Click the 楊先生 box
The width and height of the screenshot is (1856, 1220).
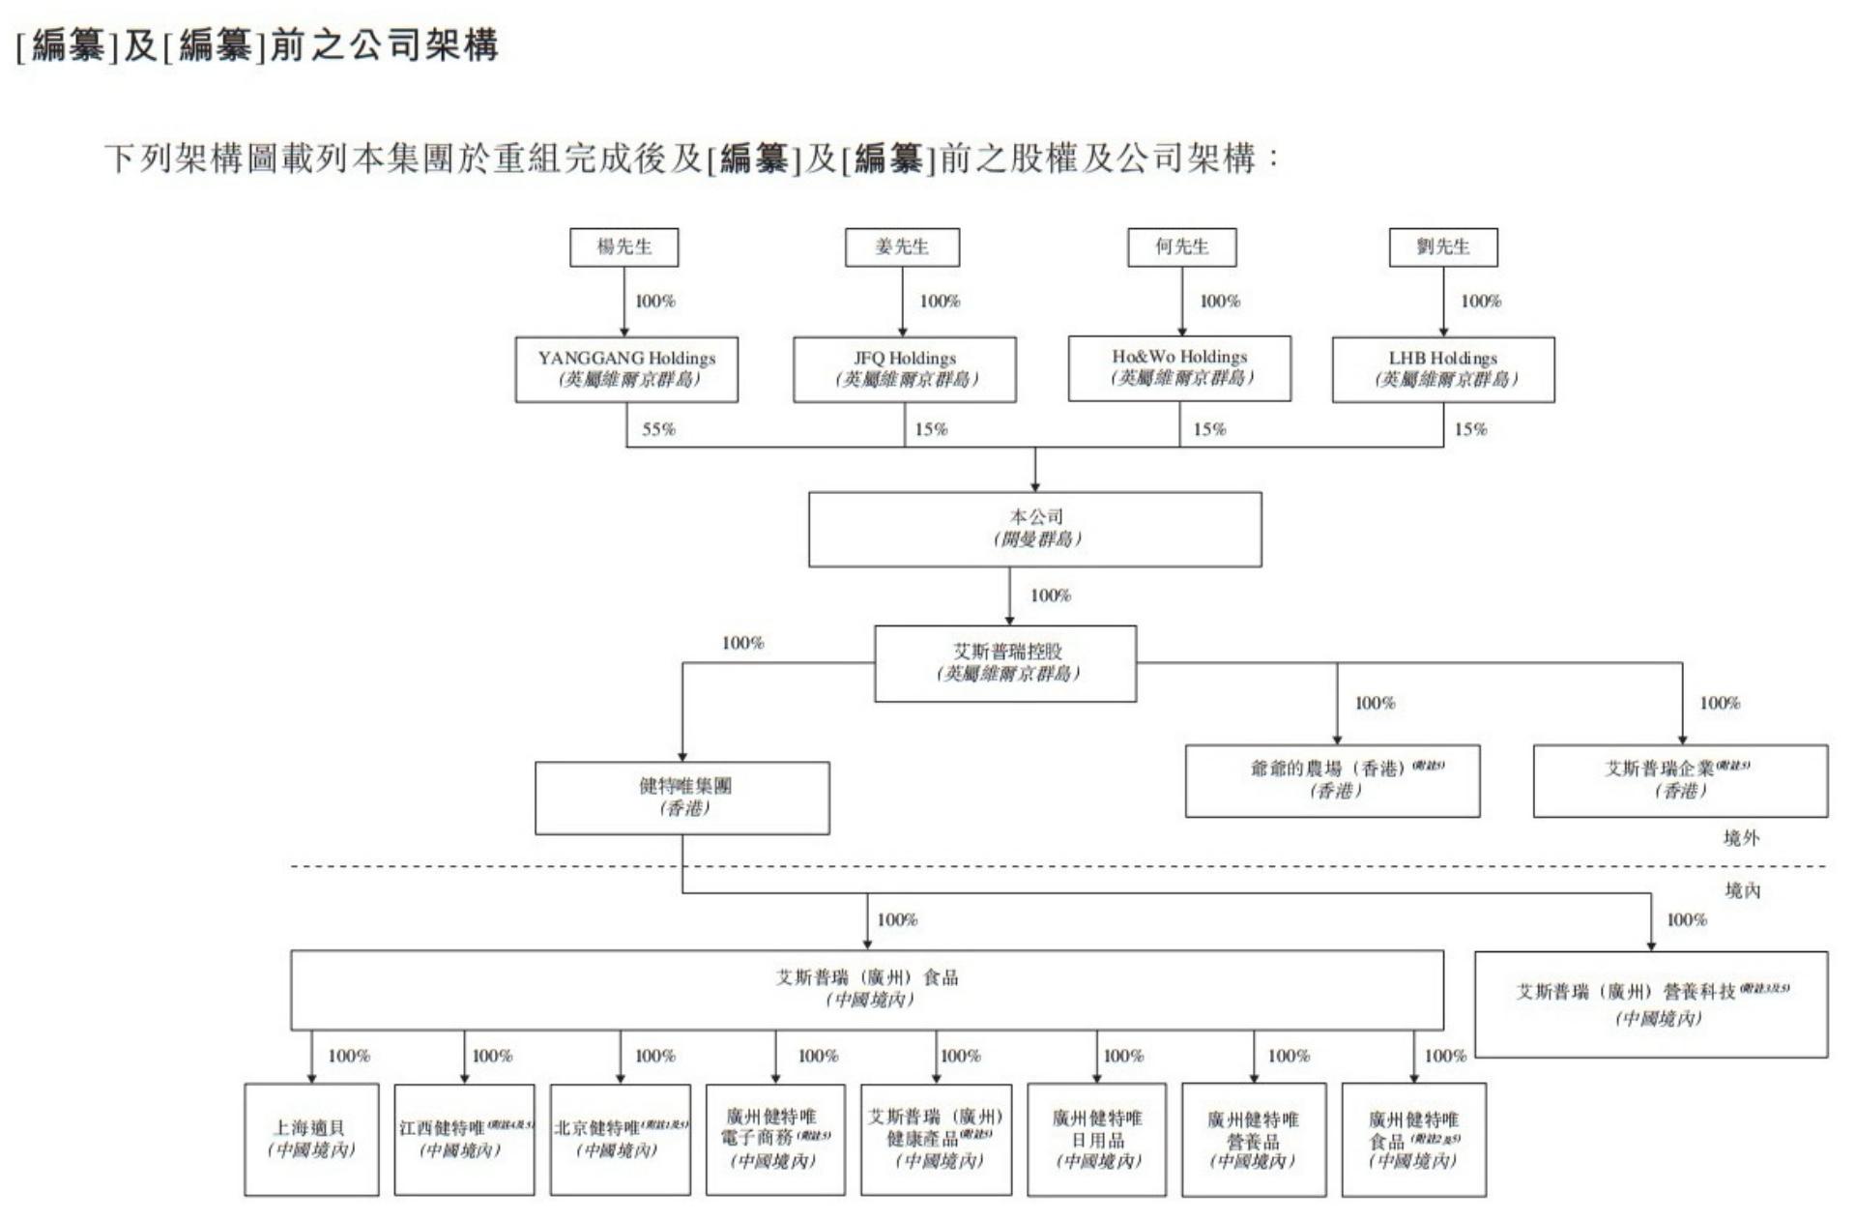tap(623, 247)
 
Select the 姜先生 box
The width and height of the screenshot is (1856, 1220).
tap(902, 247)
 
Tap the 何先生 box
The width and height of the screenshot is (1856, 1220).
tap(1181, 247)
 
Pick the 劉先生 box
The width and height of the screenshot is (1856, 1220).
tap(1443, 247)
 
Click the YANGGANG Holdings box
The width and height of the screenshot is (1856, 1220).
tap(626, 369)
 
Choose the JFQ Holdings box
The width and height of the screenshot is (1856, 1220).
tap(905, 369)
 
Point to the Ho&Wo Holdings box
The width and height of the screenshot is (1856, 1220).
tap(1179, 368)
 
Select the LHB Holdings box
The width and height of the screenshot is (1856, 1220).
tap(1443, 369)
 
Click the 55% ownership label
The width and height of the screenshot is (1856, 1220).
tap(658, 429)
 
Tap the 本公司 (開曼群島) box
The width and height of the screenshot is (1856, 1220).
tap(1034, 529)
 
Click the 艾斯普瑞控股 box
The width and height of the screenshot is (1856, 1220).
tap(1005, 663)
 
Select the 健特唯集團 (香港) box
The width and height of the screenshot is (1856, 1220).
tap(682, 798)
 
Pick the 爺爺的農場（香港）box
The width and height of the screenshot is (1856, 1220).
tap(1332, 780)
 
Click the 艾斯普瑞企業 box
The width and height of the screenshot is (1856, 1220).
tap(1680, 780)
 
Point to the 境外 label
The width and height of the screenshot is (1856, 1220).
tap(1741, 838)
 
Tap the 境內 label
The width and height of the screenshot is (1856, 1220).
tap(1742, 890)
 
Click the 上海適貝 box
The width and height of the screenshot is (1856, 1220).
tap(311, 1139)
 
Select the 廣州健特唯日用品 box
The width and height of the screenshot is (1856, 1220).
tap(1096, 1139)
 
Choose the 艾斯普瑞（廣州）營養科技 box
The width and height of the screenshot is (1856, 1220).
tap(1651, 1004)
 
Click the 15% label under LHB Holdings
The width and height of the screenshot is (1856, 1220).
tap(1470, 429)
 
